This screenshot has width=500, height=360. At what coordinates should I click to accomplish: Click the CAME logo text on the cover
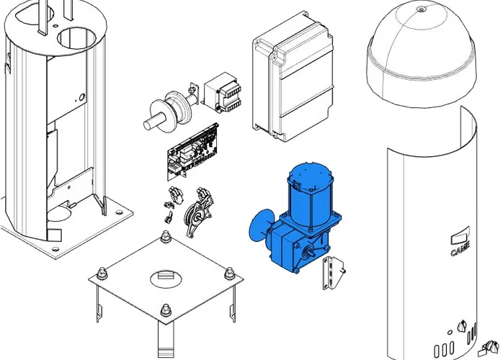460,249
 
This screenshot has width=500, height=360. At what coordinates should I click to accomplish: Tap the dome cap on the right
421,53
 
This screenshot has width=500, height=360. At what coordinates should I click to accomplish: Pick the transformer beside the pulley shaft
222,92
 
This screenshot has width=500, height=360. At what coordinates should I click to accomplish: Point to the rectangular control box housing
293,77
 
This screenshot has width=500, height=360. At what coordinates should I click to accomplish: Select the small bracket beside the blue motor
333,273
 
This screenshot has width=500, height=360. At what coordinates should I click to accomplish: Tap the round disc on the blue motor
260,225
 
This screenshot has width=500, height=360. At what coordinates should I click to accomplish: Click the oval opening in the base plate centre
166,279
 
